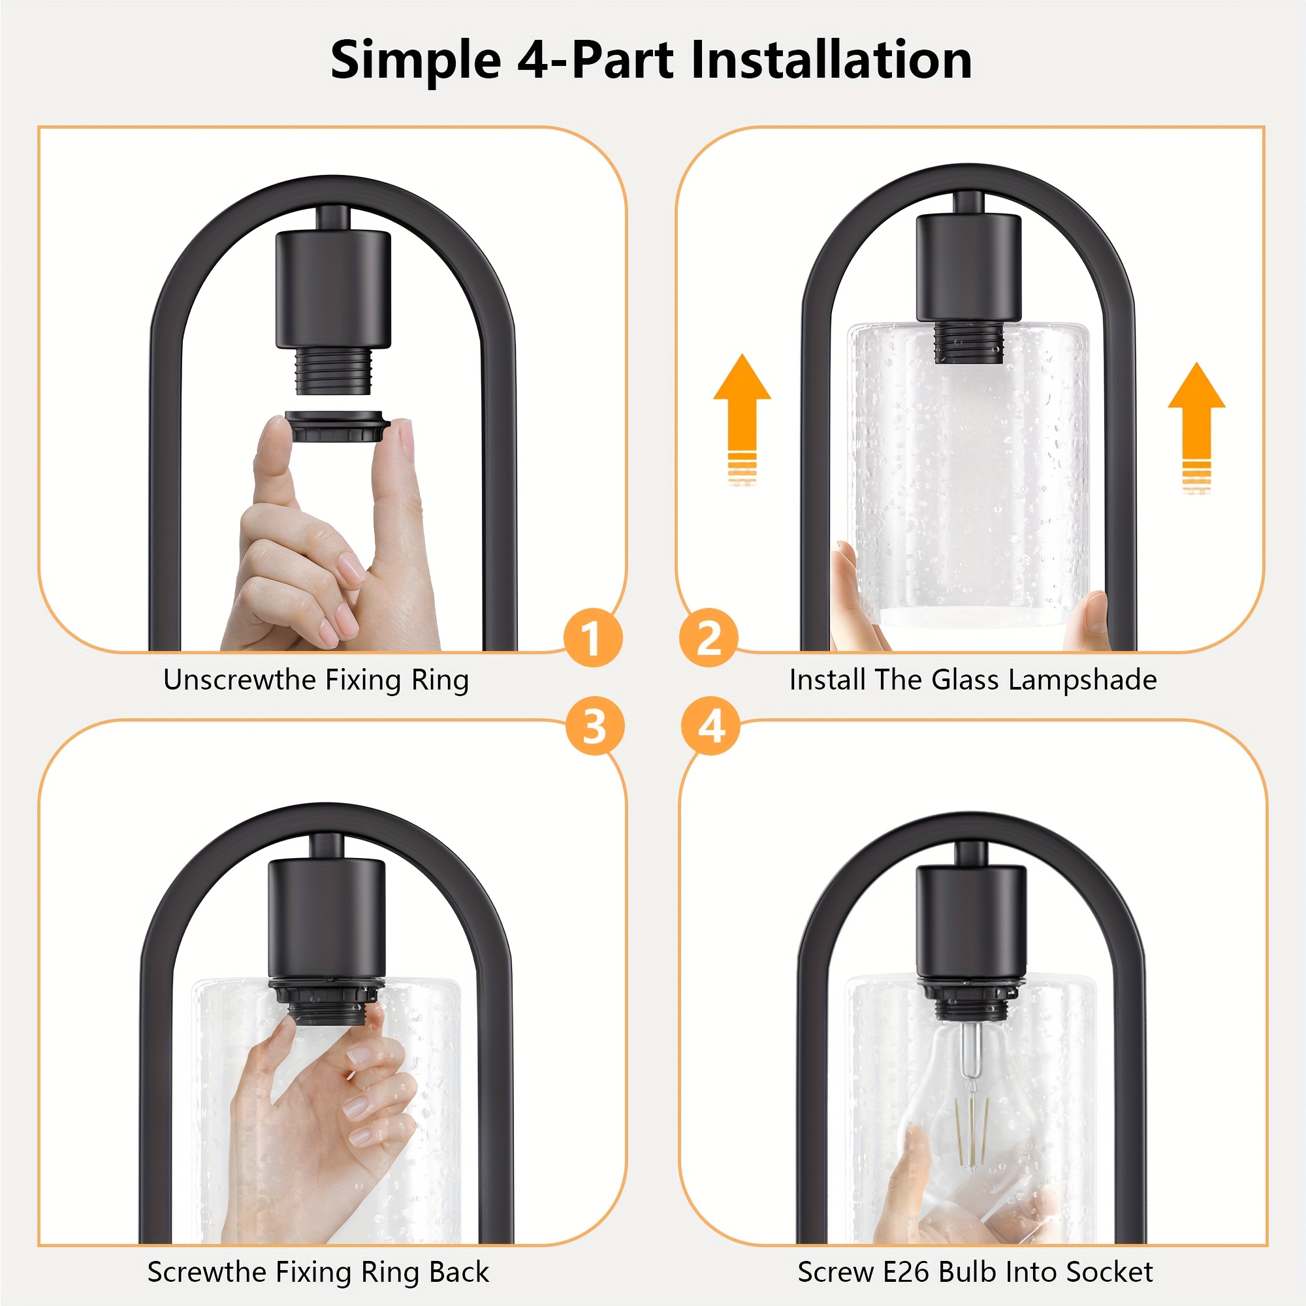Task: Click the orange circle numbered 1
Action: pos(593,637)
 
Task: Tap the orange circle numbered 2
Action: pos(709,637)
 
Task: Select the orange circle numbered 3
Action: pos(595,727)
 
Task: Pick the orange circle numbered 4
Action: pos(711,727)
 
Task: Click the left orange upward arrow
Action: pos(742,419)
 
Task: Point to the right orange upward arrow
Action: pos(1196,427)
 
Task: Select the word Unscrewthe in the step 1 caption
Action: pos(239,679)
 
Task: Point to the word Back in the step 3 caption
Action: pos(459,1272)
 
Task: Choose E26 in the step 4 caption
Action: pos(907,1272)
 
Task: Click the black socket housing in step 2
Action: pos(968,268)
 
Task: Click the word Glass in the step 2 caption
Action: pos(966,679)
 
